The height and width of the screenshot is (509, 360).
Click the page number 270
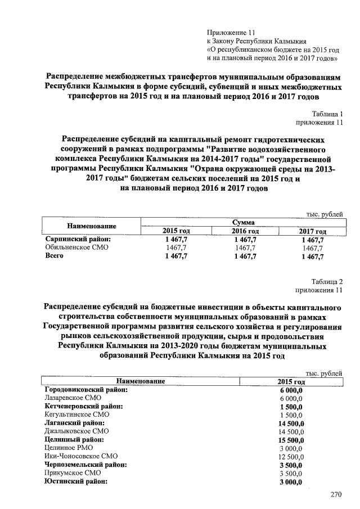(336, 495)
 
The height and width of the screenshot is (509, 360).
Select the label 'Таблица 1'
(327, 114)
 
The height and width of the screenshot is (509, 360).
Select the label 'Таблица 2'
(326, 282)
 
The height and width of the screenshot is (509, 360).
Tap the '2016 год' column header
(245, 231)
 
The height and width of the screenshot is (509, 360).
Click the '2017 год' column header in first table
(312, 231)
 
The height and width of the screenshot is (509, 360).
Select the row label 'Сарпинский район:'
(77, 239)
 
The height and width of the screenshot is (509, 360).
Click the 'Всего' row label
(55, 256)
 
